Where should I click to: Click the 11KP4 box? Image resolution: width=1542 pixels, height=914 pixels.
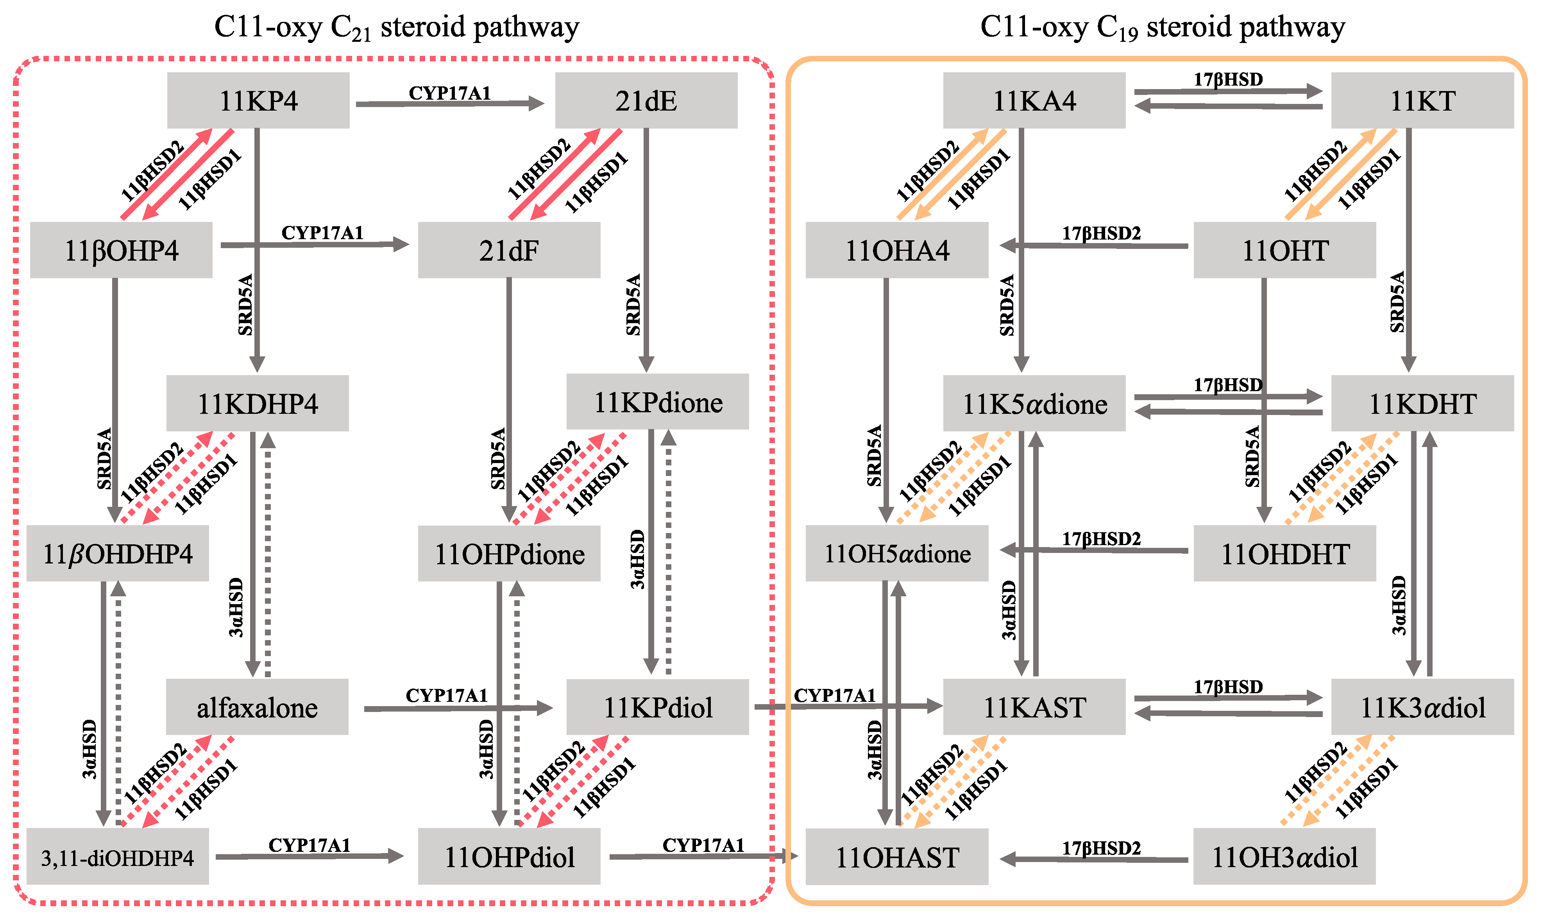[258, 100]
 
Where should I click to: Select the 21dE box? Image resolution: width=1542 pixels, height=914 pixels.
[646, 100]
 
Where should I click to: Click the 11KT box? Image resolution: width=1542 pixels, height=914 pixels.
[1422, 100]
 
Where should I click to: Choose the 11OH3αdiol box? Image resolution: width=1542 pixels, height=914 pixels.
[1284, 857]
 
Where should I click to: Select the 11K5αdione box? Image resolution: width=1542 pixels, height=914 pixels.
[1034, 403]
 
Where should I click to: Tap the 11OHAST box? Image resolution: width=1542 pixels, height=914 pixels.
[896, 857]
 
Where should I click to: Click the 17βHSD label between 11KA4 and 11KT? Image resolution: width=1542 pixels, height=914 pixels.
[1228, 79]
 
